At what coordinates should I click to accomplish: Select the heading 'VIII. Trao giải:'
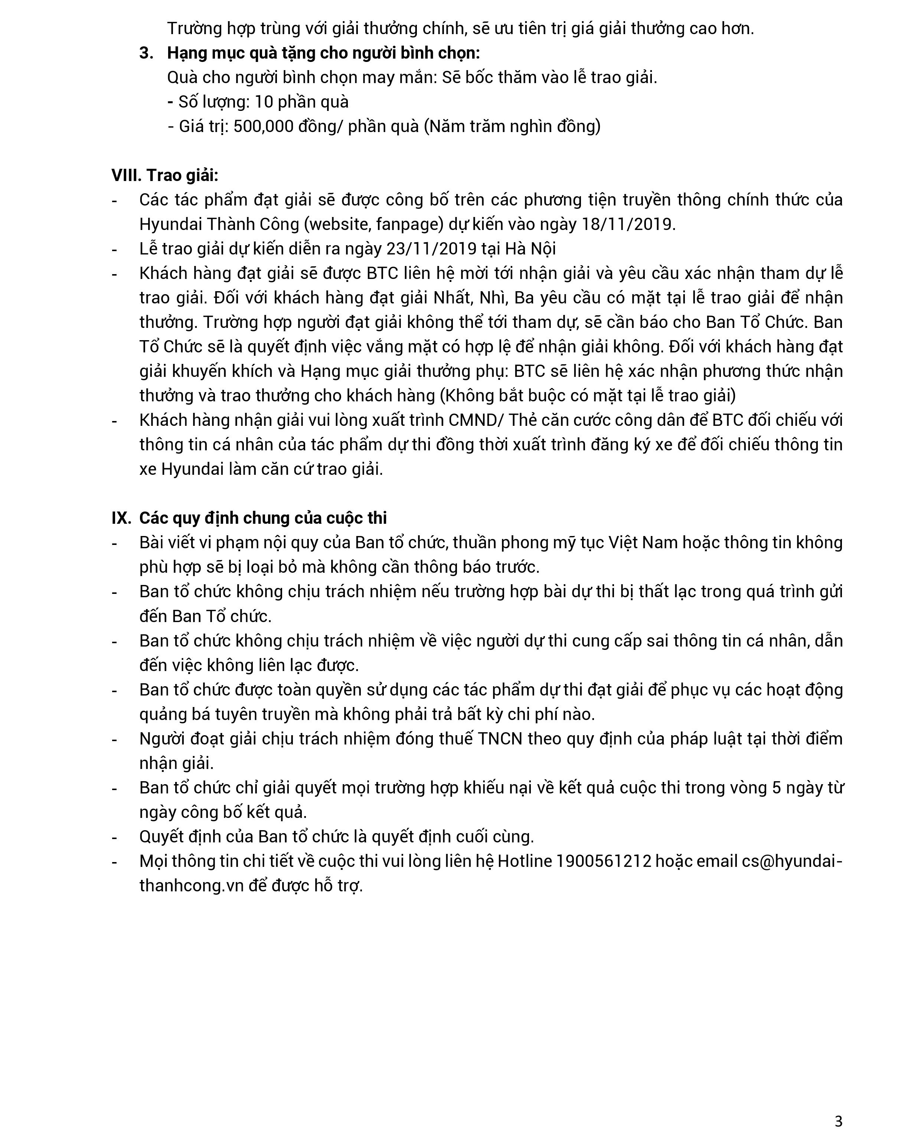coord(164,175)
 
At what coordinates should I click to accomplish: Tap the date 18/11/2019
coord(628,224)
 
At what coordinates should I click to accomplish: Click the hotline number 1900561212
coord(603,861)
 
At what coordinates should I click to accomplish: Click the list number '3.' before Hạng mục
coord(146,53)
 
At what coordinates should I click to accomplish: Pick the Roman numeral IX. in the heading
coord(121,518)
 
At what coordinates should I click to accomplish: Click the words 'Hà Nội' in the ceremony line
coord(530,249)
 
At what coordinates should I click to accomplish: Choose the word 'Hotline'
coord(525,861)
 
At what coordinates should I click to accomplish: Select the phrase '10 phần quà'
coord(301,102)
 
